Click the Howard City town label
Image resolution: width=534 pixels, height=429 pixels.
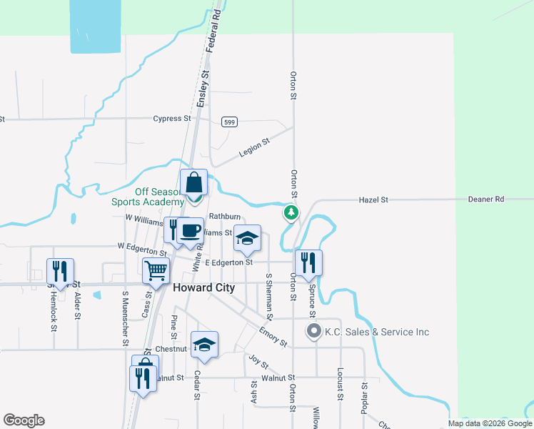pos(203,288)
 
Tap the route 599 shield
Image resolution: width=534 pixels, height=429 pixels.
pos(228,122)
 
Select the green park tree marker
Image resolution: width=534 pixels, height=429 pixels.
pos(291,212)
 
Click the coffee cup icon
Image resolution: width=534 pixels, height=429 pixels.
pos(190,231)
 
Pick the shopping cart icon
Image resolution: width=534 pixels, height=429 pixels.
pos(156,270)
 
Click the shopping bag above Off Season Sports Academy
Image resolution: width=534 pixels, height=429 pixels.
pos(194,183)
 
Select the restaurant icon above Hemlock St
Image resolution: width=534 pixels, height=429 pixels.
pos(60,271)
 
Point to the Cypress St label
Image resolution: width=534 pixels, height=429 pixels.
pos(172,119)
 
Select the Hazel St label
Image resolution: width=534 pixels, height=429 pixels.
pos(373,200)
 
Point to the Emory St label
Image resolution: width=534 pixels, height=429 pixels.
pos(273,335)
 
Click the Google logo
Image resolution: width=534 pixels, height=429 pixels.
pos(24,420)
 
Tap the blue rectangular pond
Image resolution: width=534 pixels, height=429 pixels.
pos(95,26)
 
